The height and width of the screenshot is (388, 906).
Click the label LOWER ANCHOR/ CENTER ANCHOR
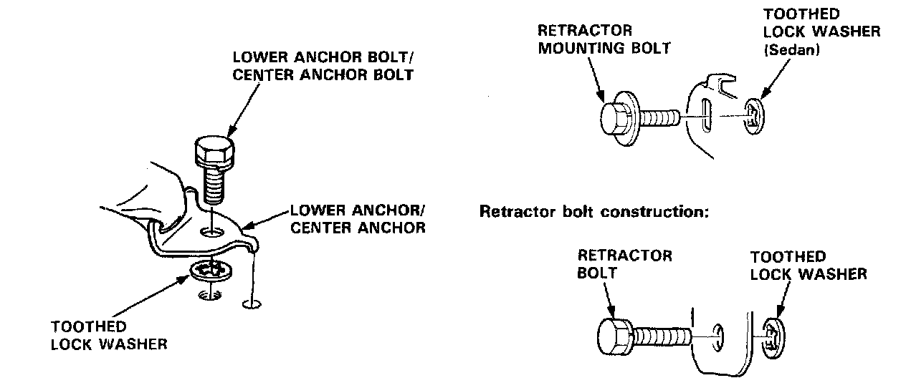tap(358, 220)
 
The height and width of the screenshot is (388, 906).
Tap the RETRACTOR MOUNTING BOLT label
tap(604, 39)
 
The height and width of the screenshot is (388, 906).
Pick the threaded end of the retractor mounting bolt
tap(659, 117)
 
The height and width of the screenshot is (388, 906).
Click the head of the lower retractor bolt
tap(614, 334)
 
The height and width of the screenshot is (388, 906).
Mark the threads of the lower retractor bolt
tap(662, 335)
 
